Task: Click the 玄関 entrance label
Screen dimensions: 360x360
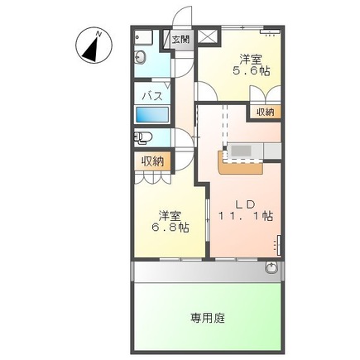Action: coord(180,39)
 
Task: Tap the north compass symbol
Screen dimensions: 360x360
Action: coord(94,46)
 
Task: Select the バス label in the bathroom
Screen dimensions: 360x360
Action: coord(152,96)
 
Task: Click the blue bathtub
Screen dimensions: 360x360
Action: coord(152,115)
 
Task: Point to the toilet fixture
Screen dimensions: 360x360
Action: coord(143,137)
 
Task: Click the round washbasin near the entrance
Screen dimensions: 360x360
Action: coord(140,58)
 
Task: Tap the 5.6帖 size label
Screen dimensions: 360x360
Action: coord(252,71)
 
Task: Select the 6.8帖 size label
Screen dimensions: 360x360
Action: coord(170,227)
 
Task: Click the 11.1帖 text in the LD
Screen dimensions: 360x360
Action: coord(246,216)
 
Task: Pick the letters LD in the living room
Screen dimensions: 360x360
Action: coord(245,204)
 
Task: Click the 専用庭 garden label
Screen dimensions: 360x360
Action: coord(208,318)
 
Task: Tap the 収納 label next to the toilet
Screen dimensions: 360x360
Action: coord(153,161)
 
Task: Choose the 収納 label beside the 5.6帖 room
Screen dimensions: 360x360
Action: coord(265,112)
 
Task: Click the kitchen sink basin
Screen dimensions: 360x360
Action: coord(241,151)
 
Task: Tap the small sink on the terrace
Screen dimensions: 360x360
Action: coord(271,267)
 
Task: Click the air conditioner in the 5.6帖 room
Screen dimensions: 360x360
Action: coord(271,31)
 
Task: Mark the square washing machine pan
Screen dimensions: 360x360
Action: coord(143,37)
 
